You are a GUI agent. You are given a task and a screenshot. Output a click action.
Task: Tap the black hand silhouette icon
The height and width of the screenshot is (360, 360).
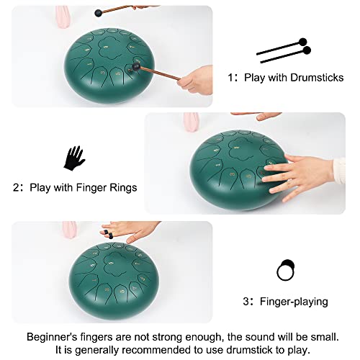(73, 158)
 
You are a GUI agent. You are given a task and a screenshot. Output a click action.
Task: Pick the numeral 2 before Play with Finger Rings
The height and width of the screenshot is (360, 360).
(17, 187)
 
